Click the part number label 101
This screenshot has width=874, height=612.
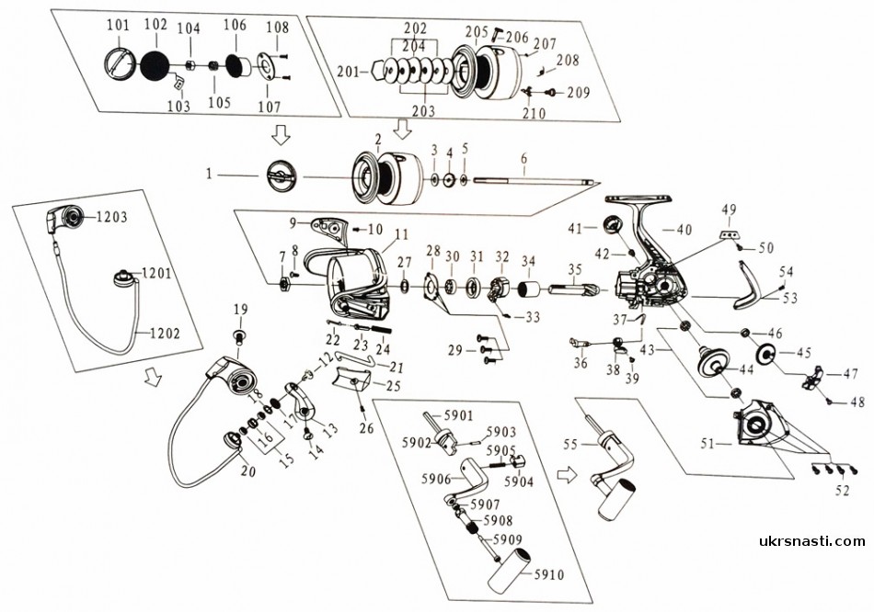tap(117, 24)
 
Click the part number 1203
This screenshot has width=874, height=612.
tap(109, 217)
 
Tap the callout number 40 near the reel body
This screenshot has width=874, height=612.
tap(684, 229)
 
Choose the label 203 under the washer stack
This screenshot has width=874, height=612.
tap(425, 109)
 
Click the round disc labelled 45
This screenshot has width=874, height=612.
tap(765, 354)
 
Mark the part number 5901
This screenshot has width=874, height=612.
tap(459, 414)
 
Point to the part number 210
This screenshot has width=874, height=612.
tap(534, 113)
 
